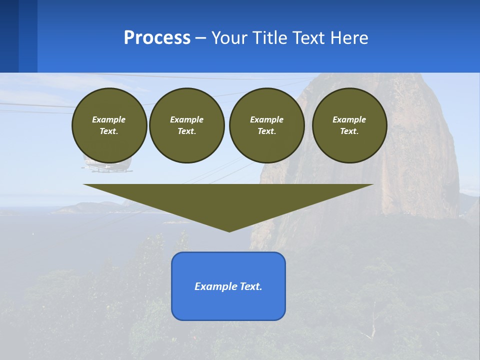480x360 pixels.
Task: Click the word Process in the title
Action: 157,37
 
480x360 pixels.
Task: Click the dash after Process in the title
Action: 201,38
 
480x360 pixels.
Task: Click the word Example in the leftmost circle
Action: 109,119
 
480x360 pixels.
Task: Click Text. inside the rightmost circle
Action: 349,131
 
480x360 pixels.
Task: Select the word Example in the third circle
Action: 266,119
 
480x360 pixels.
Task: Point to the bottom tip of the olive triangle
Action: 229,230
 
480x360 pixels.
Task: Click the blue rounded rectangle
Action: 228,305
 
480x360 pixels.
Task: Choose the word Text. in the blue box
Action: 251,286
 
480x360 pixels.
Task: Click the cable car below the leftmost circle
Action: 107,166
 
